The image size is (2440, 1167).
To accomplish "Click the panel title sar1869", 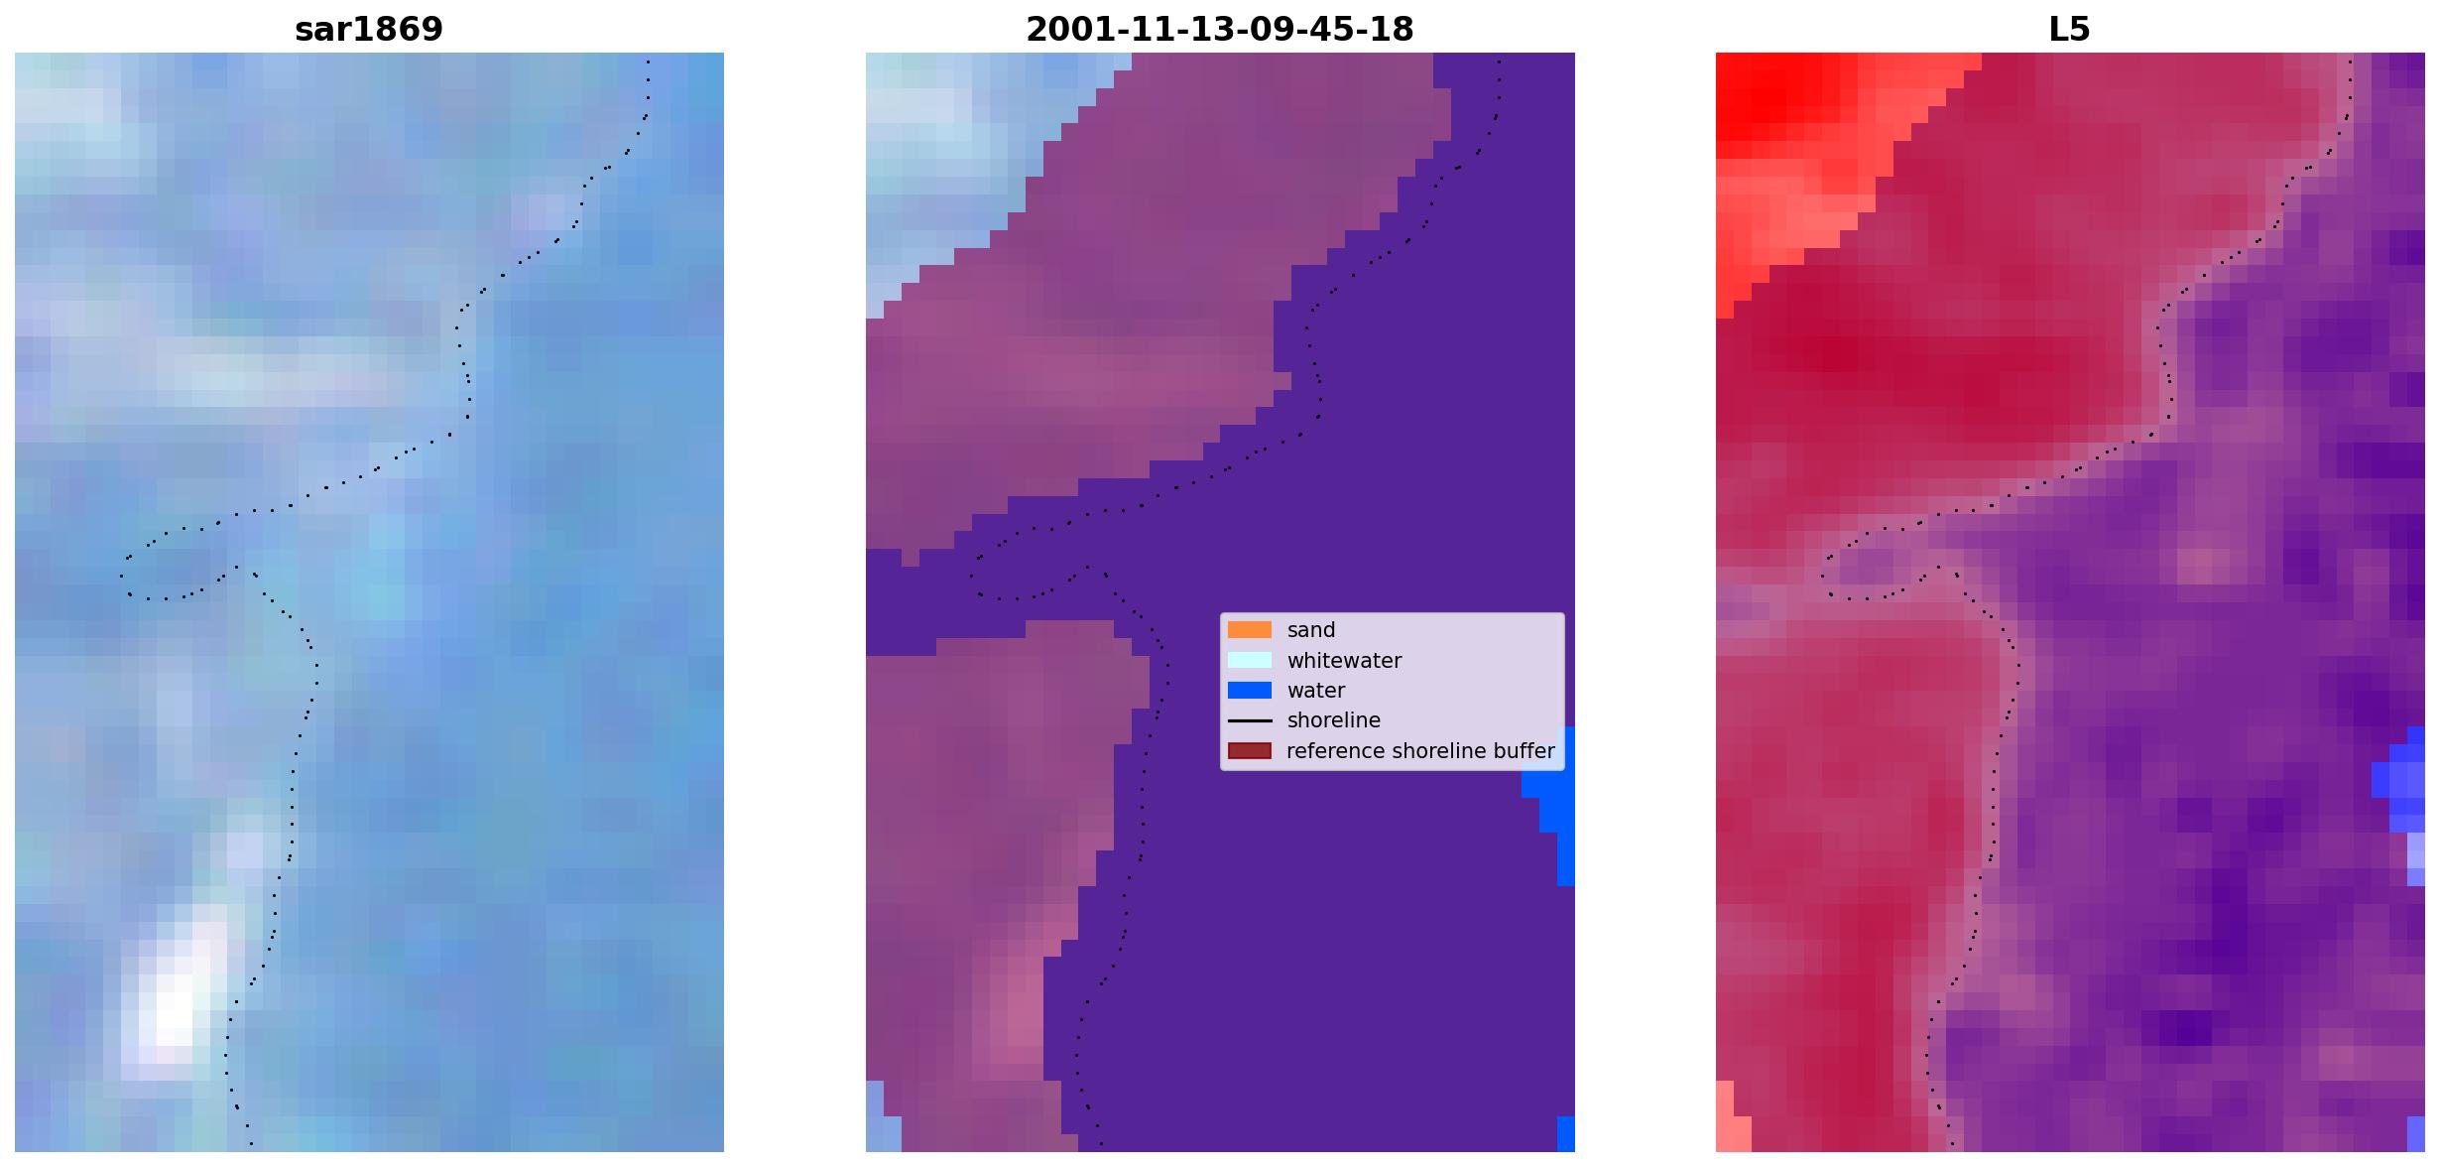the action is tap(369, 29).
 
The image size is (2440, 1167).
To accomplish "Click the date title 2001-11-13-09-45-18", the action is tap(1220, 29).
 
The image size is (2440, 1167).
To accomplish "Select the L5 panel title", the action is tap(2070, 29).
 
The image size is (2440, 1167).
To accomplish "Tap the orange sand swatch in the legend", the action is tap(1250, 630).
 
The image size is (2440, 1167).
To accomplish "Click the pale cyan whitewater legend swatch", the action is tap(1250, 660).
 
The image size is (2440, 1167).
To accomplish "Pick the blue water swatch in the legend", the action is tap(1250, 691).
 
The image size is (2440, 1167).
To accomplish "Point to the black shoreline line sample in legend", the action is tap(1250, 720).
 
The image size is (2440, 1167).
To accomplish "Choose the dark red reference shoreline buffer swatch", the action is tap(1250, 751).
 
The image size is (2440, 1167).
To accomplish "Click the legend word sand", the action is tap(1311, 630).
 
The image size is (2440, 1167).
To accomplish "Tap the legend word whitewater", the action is tap(1344, 661).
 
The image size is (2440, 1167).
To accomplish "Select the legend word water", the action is tap(1316, 691).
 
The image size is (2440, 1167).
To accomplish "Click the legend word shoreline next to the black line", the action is tap(1334, 720).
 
